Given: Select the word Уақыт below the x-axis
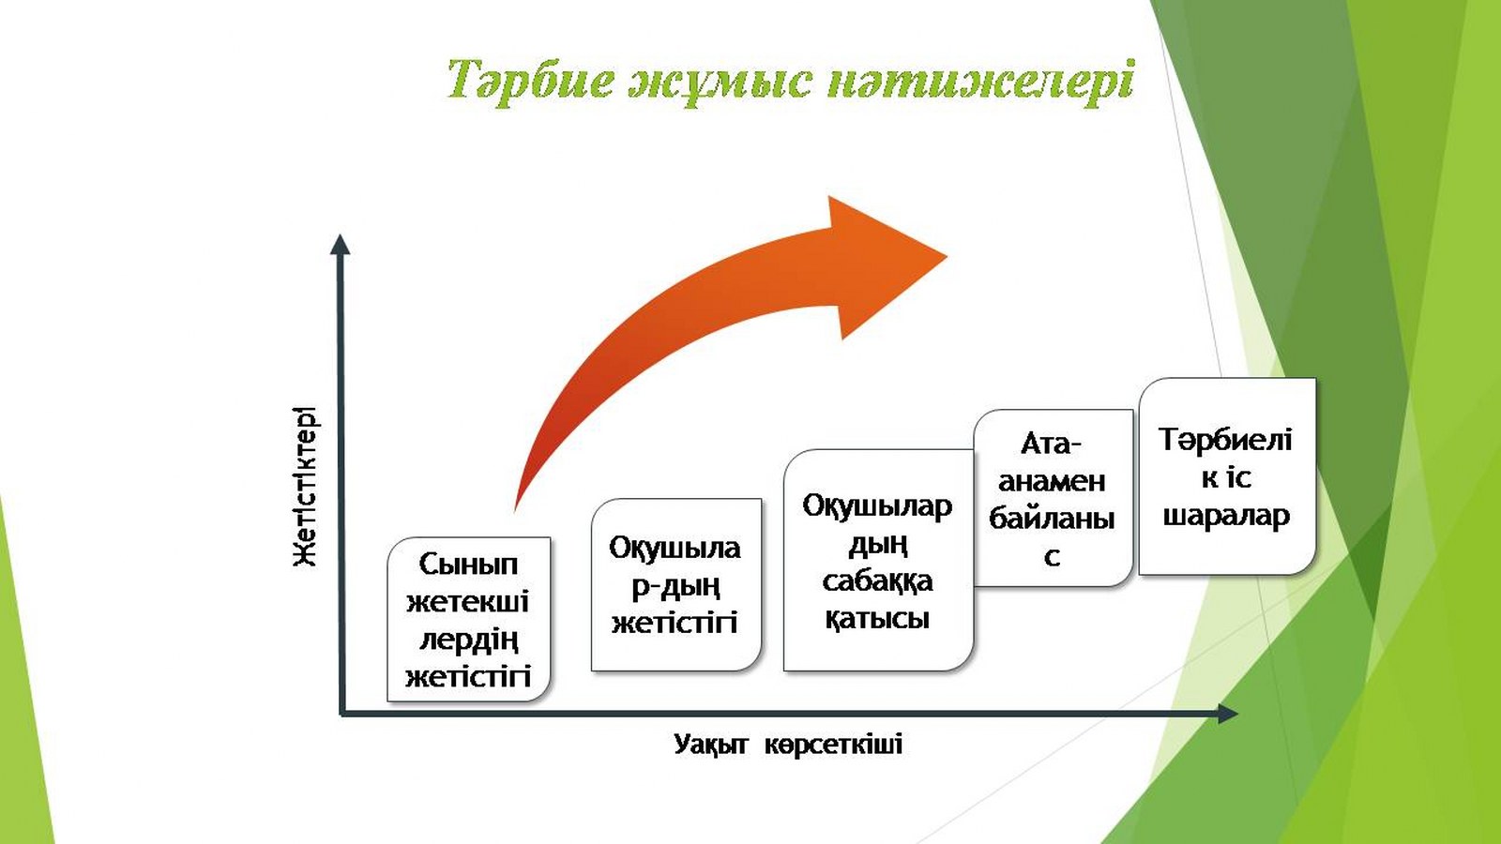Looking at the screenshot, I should [x=710, y=745].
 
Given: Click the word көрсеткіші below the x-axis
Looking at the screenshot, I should [x=833, y=745].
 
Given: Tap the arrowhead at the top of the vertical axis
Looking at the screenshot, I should [x=341, y=245].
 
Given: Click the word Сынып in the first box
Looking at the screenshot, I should [x=468, y=565].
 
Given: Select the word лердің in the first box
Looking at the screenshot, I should [x=468, y=640].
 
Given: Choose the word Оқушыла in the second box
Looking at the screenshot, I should [x=675, y=548].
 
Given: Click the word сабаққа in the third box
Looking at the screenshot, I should [x=877, y=581].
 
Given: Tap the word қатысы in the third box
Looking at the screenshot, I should [x=877, y=619].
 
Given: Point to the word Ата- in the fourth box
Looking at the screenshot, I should [x=1052, y=443].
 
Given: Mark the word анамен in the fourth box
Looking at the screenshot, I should [x=1052, y=481].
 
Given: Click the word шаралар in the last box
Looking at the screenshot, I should [x=1226, y=516].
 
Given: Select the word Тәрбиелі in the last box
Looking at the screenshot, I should [x=1225, y=440].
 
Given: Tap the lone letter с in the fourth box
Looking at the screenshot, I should [x=1052, y=557].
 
